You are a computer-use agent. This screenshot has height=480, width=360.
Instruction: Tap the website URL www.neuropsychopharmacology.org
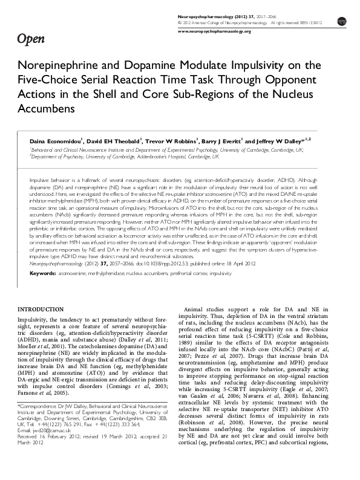click(215, 30)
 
